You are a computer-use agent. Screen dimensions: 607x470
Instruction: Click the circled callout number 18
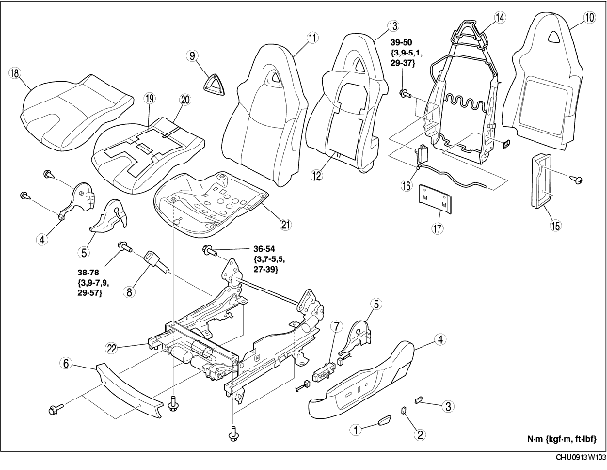click(15, 73)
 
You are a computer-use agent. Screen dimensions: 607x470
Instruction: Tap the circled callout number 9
click(192, 55)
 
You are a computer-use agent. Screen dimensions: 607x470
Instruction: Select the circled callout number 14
click(500, 18)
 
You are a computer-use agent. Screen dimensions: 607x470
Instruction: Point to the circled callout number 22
click(111, 348)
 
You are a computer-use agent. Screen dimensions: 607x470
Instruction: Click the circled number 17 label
click(438, 228)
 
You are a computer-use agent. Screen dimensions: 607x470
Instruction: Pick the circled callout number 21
click(285, 225)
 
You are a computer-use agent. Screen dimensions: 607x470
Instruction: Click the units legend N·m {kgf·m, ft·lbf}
click(562, 439)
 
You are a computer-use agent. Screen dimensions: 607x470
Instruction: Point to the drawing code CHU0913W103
click(581, 458)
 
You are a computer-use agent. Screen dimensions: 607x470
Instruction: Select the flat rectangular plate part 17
click(436, 198)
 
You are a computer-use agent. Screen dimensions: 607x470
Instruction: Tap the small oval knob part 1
click(384, 420)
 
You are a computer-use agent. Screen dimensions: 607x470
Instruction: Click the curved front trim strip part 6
click(129, 389)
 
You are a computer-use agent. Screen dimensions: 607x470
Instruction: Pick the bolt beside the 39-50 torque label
click(404, 93)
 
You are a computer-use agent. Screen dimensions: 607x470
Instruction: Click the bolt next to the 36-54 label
click(209, 251)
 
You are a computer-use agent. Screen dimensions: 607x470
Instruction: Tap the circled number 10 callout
click(589, 18)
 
